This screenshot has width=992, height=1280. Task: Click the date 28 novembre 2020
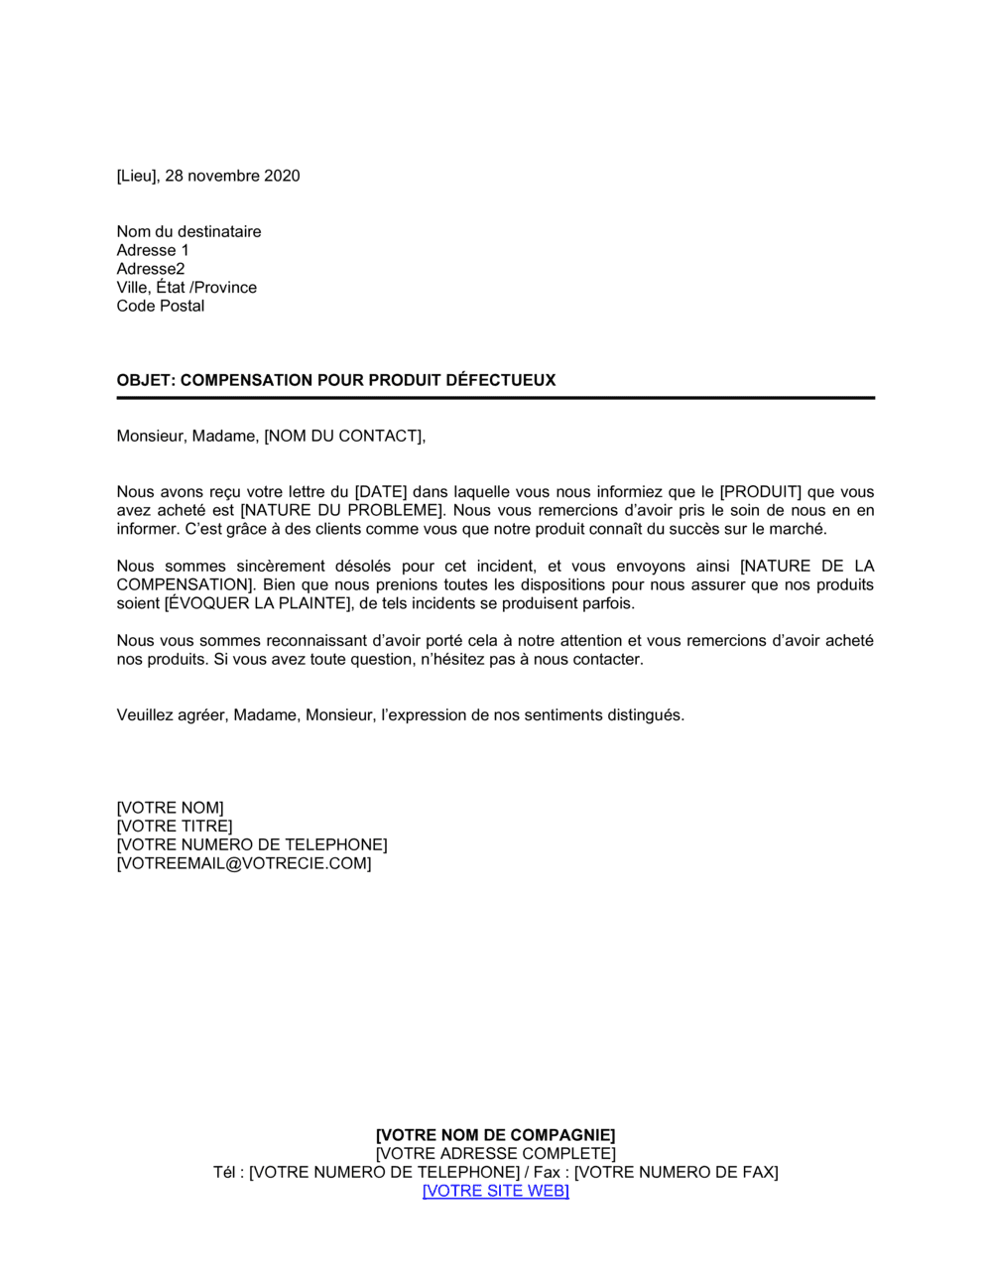tap(232, 176)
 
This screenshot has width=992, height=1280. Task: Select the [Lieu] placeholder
tap(138, 176)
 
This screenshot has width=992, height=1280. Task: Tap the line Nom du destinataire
tap(188, 231)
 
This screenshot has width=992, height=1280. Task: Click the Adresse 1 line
tap(152, 250)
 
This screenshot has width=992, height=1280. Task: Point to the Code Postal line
tap(160, 306)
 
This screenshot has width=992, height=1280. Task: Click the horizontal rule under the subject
tap(495, 398)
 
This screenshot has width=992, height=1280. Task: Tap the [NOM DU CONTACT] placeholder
tap(344, 436)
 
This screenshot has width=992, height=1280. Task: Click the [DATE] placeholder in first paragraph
tap(381, 492)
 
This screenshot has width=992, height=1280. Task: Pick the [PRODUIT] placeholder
tap(760, 492)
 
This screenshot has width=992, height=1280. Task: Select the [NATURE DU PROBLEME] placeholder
tap(342, 510)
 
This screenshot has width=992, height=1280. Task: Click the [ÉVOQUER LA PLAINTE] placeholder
tap(258, 603)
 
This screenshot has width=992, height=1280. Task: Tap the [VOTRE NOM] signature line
tap(170, 808)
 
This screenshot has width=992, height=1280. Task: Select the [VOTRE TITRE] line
tap(174, 826)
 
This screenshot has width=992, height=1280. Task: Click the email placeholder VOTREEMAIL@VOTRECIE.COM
tap(244, 863)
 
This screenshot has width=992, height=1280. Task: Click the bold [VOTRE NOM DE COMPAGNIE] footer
tap(495, 1135)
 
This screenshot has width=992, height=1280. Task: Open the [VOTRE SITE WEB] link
tap(495, 1191)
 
